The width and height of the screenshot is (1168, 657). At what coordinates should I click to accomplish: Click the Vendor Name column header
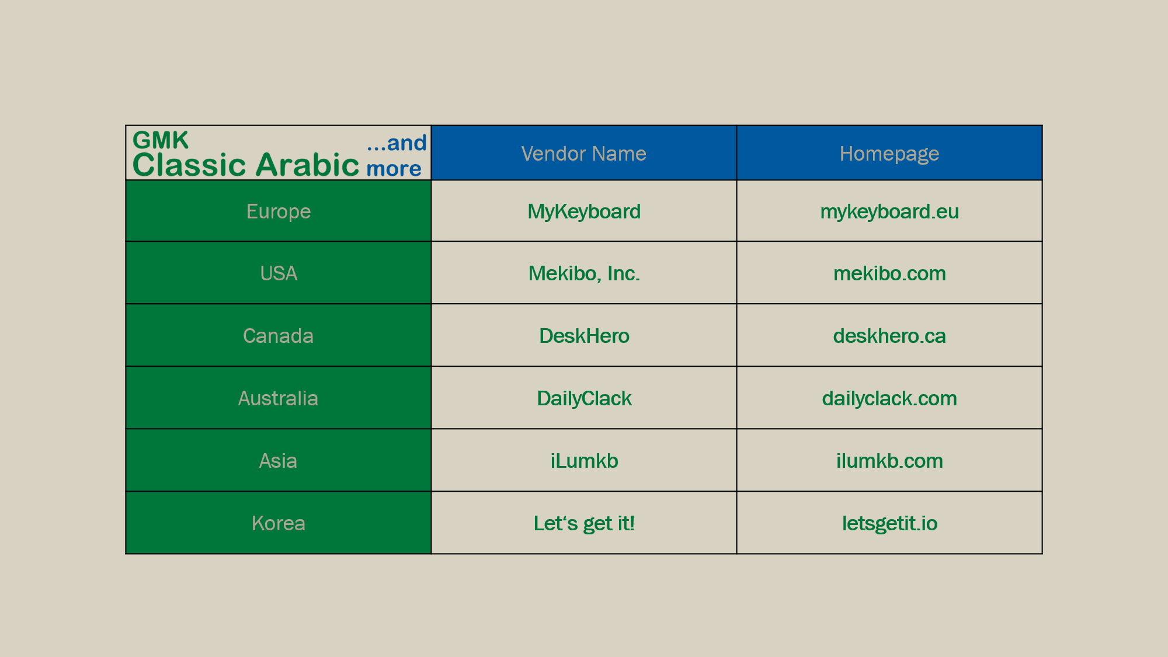(x=583, y=154)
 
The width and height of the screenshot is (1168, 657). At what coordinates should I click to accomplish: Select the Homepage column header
(x=889, y=154)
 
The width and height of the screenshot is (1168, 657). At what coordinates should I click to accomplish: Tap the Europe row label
(x=279, y=211)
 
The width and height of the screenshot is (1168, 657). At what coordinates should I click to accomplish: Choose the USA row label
(x=279, y=273)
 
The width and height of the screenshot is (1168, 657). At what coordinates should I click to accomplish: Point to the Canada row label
(x=279, y=336)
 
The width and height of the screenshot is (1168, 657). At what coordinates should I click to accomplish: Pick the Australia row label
(x=279, y=398)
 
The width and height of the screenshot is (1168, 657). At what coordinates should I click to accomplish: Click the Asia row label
(x=279, y=461)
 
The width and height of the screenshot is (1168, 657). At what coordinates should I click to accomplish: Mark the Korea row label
(x=279, y=523)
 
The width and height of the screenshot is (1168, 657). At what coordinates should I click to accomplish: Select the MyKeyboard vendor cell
(x=583, y=211)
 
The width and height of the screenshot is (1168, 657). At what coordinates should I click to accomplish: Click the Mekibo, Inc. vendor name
(x=583, y=273)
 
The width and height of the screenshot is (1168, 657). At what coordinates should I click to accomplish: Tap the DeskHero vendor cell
(x=583, y=336)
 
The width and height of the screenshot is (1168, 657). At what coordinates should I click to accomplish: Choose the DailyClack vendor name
(x=583, y=398)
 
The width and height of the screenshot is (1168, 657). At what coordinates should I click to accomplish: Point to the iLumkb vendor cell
(x=583, y=461)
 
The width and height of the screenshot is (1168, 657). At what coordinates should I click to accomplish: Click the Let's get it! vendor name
(x=583, y=523)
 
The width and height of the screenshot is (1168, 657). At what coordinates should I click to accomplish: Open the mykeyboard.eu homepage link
(x=889, y=211)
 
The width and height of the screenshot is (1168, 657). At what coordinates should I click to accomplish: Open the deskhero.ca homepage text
(x=889, y=336)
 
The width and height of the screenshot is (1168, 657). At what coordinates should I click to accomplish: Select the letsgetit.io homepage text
(x=889, y=523)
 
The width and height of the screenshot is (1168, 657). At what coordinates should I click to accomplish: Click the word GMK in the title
(x=161, y=140)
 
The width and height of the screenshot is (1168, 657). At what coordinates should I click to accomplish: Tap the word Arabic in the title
(x=307, y=165)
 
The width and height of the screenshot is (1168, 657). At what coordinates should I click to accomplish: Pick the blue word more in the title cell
(x=394, y=169)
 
